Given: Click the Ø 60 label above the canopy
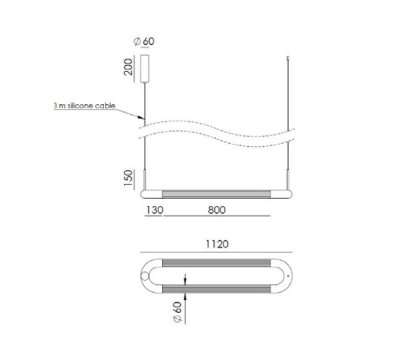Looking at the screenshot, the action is pos(144,41).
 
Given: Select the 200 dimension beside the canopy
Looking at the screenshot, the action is pos(128,67).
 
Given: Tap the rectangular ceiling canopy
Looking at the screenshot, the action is pos(145,69).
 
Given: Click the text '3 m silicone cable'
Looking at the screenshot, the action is pos(85,106).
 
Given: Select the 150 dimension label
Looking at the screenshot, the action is pos(128,178).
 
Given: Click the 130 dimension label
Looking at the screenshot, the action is pos(155,210).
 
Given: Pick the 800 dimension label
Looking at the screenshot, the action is pos(217,210).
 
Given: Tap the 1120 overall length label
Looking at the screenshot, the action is pos(217,244).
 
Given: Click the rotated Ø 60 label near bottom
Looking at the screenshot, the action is pos(178,312).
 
